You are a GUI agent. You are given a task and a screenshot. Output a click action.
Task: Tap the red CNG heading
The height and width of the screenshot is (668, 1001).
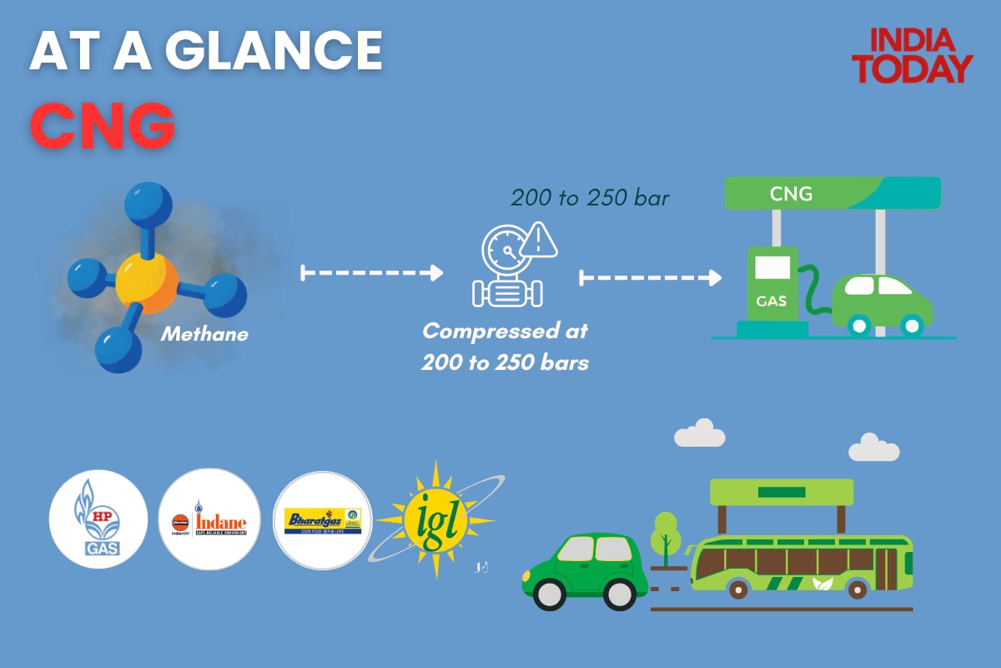tap(102, 126)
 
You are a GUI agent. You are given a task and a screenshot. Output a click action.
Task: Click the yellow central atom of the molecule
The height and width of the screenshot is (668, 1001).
tap(146, 282)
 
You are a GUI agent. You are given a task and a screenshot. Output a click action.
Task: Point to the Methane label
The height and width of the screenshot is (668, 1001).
tap(204, 335)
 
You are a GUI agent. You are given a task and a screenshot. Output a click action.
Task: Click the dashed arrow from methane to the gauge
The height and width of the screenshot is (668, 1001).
tap(371, 272)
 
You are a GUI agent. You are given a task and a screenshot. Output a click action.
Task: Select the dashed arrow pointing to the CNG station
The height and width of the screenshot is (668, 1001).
tap(651, 277)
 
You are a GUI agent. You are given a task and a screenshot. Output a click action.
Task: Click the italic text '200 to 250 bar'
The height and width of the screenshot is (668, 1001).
tap(591, 198)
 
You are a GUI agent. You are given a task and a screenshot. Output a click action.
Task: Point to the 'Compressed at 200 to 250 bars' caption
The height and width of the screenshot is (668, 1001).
tap(506, 347)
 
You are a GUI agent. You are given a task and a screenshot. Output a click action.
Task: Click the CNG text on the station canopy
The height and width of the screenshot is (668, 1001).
tap(791, 194)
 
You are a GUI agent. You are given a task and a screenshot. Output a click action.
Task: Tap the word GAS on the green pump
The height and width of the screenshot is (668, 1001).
tap(771, 301)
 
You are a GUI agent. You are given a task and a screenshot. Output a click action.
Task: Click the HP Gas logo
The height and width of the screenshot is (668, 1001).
tap(98, 519)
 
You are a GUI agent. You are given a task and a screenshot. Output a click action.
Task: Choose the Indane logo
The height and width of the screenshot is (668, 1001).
tap(210, 519)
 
